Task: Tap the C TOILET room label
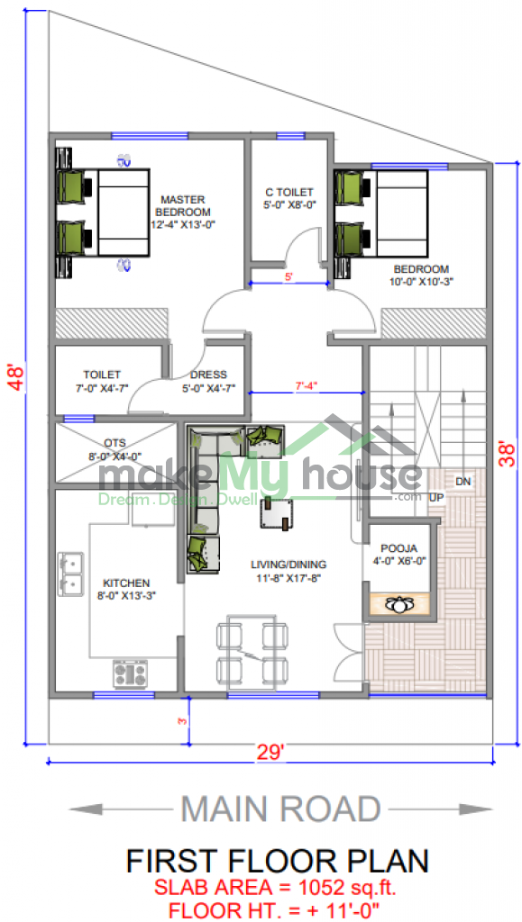click(288, 192)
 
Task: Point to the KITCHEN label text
click(126, 583)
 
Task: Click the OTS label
click(114, 442)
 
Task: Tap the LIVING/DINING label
click(288, 565)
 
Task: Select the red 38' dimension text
click(507, 454)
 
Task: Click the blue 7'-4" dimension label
click(306, 385)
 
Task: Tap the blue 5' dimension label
click(288, 276)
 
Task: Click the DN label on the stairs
click(463, 482)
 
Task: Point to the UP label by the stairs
click(436, 497)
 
